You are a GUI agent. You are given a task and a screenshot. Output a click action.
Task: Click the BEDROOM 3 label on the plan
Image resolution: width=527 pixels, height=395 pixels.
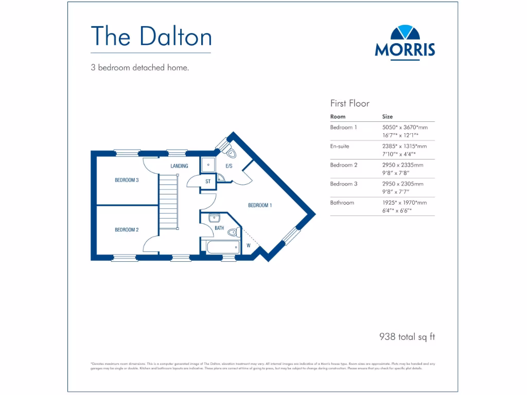coord(127,180)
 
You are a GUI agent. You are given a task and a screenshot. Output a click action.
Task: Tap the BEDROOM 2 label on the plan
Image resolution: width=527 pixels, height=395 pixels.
coord(127,230)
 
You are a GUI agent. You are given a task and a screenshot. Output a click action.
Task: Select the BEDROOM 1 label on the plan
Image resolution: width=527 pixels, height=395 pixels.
coord(260,205)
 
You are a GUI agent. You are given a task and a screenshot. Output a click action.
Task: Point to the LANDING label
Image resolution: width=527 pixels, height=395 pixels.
coord(179,166)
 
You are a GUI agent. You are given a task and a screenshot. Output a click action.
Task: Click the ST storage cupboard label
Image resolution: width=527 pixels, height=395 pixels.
coord(208,182)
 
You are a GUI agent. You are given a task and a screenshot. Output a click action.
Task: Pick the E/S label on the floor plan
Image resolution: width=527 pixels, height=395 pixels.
coord(230,166)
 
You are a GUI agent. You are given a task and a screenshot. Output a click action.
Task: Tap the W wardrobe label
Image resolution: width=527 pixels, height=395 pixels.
coord(248,245)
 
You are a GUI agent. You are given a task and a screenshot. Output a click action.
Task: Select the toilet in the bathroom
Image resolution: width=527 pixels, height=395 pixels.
coord(233,231)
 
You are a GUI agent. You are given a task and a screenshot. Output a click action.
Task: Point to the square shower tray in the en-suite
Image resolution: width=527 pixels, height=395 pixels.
coord(209,165)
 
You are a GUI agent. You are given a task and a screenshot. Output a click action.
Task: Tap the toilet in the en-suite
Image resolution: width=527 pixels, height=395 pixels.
coord(231,152)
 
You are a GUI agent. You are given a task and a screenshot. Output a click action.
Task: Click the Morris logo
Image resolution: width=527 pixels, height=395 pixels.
coord(405,42)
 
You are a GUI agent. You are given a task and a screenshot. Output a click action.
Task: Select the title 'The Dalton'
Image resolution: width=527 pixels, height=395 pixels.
coord(151,36)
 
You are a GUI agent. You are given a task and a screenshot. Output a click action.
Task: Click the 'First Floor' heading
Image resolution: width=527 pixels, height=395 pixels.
coord(350,103)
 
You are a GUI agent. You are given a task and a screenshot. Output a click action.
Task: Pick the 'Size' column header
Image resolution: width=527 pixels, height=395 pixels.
coord(388,117)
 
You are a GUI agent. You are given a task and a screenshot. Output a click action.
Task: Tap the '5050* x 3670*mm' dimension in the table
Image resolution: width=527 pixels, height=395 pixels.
coord(405,127)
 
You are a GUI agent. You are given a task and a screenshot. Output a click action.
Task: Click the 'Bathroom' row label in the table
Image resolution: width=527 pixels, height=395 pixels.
coord(342,203)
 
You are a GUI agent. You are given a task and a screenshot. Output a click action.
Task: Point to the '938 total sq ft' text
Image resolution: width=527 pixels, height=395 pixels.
coord(407,337)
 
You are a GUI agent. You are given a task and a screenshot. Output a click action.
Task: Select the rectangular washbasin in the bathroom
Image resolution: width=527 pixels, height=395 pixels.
coord(215,218)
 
